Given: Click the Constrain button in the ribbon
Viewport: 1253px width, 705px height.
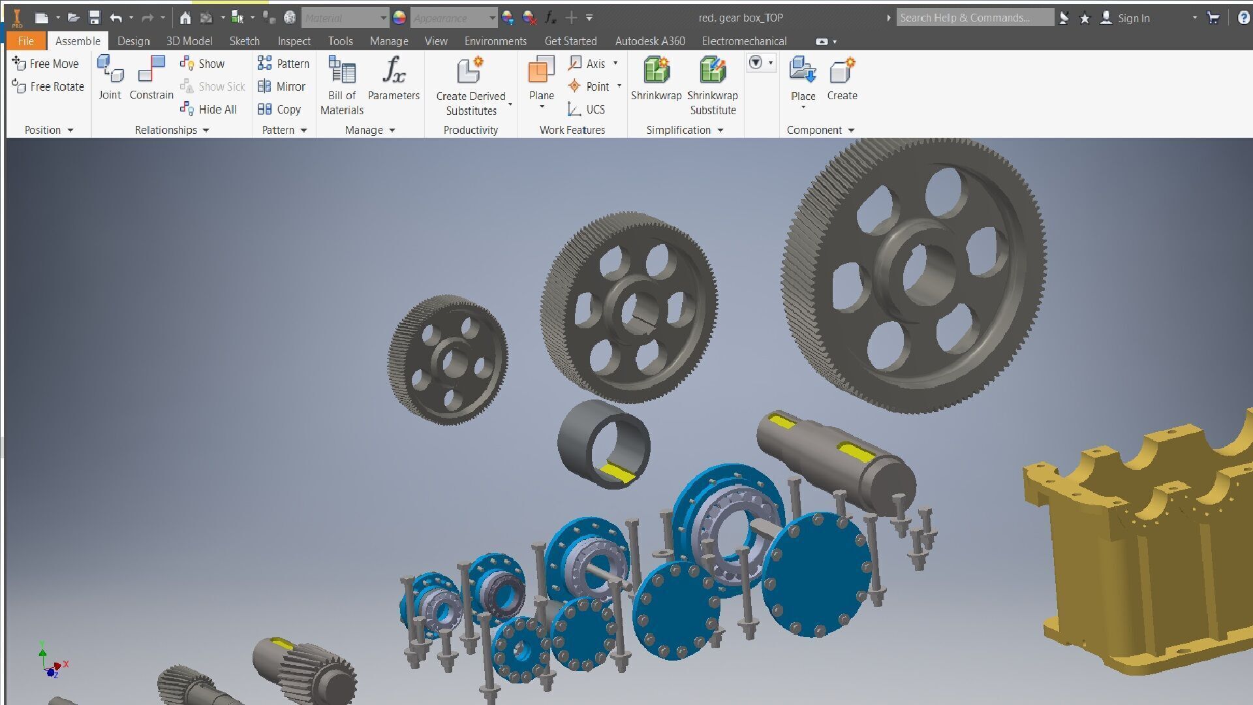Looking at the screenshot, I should click(151, 78).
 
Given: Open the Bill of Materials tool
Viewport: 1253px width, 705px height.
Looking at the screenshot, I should click(342, 85).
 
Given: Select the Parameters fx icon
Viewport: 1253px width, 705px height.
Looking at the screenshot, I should click(394, 70).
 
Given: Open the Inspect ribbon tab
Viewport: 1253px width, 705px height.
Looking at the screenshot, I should click(294, 41).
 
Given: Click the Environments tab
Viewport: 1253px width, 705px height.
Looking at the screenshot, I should click(495, 41).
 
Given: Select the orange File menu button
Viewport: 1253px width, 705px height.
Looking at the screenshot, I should click(26, 41).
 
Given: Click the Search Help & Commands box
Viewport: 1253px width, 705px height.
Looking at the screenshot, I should click(974, 18).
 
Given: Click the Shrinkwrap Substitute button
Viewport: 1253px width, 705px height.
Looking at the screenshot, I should click(713, 85).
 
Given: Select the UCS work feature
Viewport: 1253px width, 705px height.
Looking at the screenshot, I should click(587, 109).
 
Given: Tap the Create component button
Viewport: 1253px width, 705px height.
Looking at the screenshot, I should click(842, 78).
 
